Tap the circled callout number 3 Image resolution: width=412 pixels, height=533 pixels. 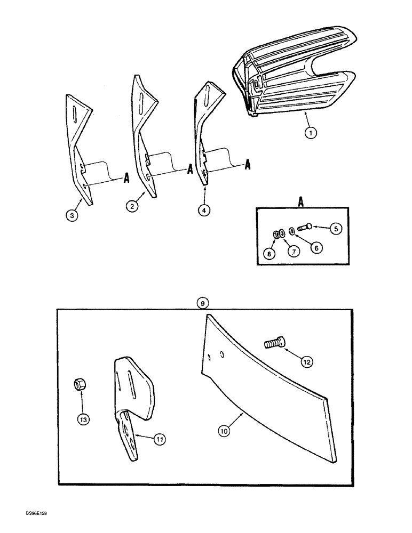pyautogui.click(x=70, y=216)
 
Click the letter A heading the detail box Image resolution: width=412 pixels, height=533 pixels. pyautogui.click(x=301, y=202)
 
